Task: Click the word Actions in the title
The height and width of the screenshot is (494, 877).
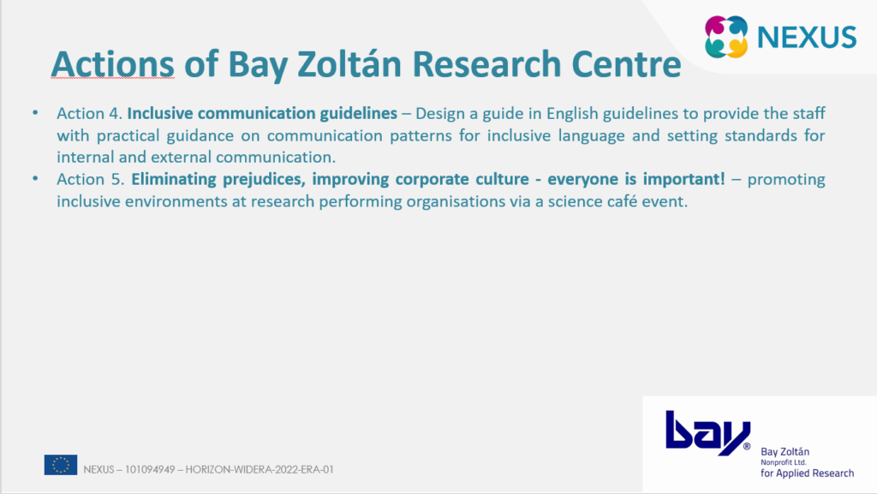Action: click(x=112, y=63)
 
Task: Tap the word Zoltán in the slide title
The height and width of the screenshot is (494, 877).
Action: click(x=349, y=63)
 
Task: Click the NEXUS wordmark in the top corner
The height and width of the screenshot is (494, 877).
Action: click(x=807, y=37)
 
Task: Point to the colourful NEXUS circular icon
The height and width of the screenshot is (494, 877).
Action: click(x=726, y=37)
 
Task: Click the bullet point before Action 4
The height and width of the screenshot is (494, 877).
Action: click(x=35, y=113)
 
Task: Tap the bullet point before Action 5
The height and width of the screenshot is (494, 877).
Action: click(x=35, y=179)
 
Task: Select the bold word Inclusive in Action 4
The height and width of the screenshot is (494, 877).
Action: click(x=160, y=113)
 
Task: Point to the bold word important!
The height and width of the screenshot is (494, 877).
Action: click(x=683, y=180)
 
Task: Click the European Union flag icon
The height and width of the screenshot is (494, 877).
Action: click(x=61, y=465)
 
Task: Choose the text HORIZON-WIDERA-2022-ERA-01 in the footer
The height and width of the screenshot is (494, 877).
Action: click(x=260, y=469)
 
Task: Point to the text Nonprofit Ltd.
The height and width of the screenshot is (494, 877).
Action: click(x=783, y=462)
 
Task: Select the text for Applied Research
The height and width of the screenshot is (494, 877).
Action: click(x=807, y=473)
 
